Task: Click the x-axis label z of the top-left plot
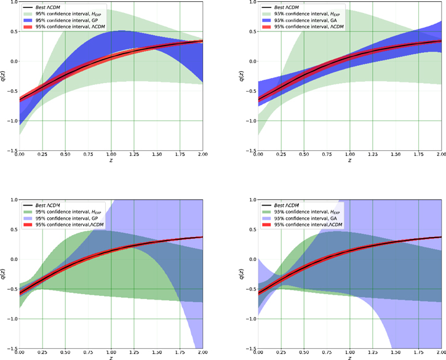pyautogui.click(x=111, y=162)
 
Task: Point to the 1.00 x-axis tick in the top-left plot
pyautogui.click(x=111, y=154)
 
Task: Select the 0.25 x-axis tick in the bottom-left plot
pyautogui.click(x=42, y=353)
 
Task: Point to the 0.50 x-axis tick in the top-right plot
pyautogui.click(x=303, y=154)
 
